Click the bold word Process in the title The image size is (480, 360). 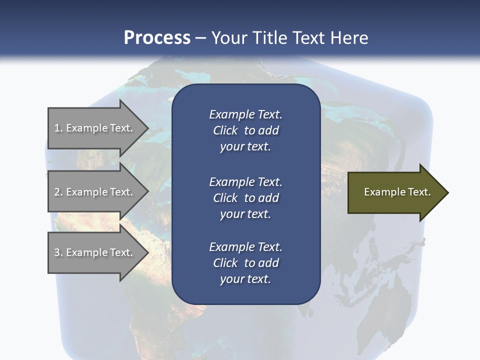tap(157, 38)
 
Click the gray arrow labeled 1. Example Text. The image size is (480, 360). tap(95, 128)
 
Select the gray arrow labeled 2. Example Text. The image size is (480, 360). tap(95, 192)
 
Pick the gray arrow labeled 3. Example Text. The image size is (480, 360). tap(95, 252)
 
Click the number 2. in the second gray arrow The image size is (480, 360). tap(58, 192)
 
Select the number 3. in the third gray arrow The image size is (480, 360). tap(58, 252)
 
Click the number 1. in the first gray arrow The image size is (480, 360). tap(58, 128)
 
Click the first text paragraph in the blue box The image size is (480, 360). tap(245, 130)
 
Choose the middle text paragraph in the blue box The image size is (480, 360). tap(245, 197)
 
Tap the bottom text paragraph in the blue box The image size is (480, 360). tap(245, 263)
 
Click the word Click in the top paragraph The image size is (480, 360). tap(225, 130)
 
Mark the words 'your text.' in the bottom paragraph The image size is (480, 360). tap(245, 279)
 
